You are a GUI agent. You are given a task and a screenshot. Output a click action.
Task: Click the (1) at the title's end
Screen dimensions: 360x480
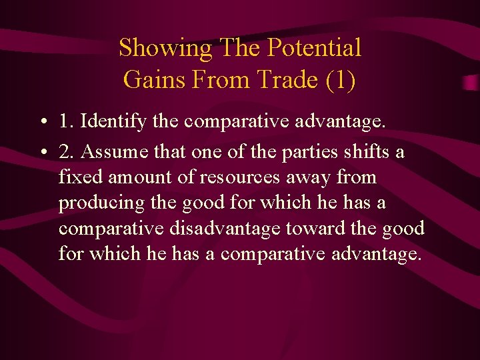(x=340, y=79)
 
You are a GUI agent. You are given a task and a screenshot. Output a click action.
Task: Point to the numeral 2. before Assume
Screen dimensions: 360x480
(x=66, y=152)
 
